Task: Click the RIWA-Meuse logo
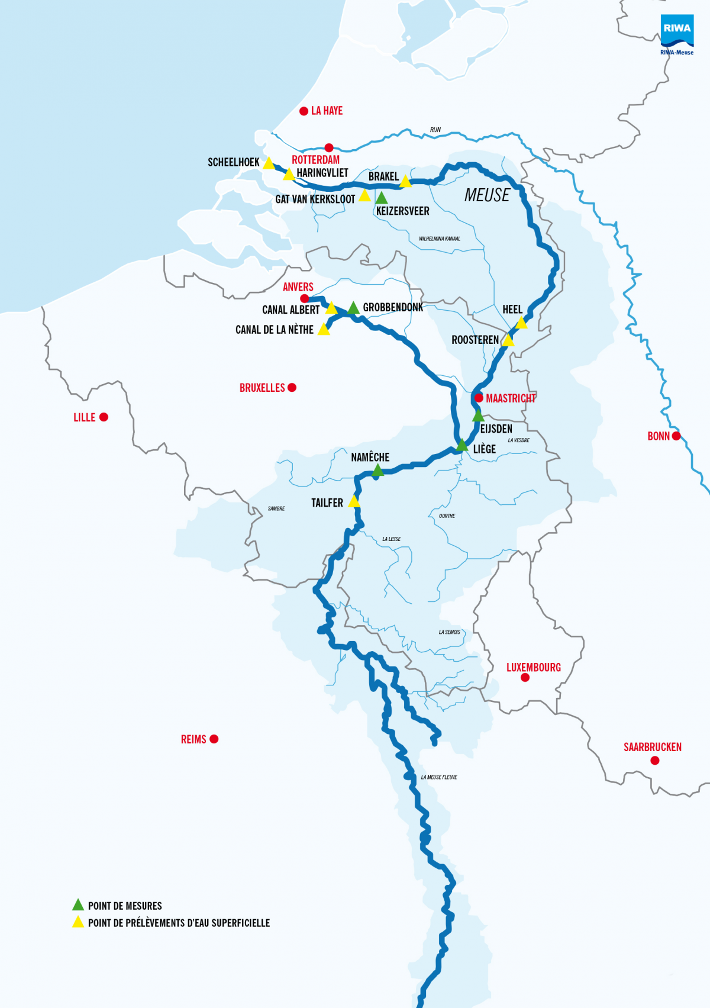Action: (x=677, y=34)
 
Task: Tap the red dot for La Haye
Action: (x=304, y=111)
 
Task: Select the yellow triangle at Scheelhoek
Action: (x=269, y=163)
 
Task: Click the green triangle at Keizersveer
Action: (x=382, y=198)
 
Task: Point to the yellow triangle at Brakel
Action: (x=405, y=182)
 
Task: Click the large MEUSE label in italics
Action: (x=486, y=195)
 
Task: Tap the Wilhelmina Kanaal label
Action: (x=440, y=239)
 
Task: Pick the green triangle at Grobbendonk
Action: (x=353, y=308)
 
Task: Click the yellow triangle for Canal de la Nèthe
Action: (x=324, y=330)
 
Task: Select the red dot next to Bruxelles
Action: (x=292, y=388)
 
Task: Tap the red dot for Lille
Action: (x=104, y=417)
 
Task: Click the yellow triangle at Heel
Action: (x=521, y=323)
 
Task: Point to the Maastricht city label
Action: (x=511, y=398)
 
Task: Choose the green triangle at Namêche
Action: (x=377, y=471)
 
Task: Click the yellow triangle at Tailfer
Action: (x=354, y=503)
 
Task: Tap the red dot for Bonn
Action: (x=676, y=436)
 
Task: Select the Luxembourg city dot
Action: (x=525, y=678)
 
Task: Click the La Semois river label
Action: (x=449, y=632)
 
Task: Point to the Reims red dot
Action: (x=214, y=739)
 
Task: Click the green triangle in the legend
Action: (x=78, y=905)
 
